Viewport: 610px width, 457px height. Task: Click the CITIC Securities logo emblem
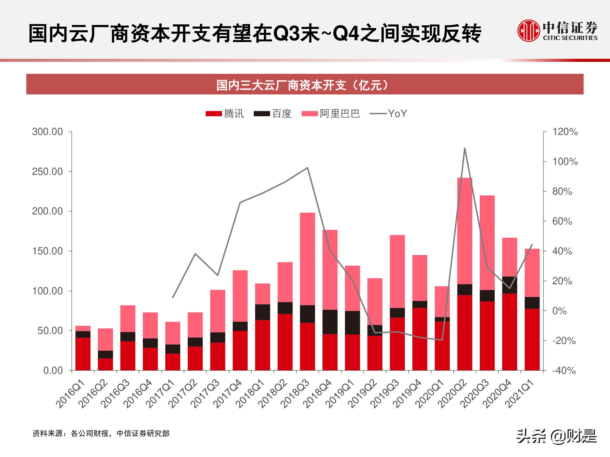[529, 30]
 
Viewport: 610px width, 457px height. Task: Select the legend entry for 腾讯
[225, 114]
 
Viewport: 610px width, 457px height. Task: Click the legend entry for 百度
[273, 114]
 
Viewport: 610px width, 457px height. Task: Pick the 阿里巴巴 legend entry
[331, 114]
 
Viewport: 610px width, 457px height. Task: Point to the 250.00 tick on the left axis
[47, 172]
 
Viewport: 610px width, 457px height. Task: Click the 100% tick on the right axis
[565, 161]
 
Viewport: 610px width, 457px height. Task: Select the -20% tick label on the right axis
[564, 341]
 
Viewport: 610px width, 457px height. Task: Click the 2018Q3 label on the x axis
[295, 394]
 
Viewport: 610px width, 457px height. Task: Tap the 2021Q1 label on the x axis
[520, 394]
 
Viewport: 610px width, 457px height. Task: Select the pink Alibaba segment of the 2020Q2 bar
[465, 232]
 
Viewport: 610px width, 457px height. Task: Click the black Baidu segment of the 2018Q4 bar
[330, 322]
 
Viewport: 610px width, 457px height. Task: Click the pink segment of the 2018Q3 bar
[307, 259]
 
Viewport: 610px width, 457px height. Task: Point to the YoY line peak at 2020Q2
[465, 148]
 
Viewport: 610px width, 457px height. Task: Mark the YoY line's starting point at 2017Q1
[173, 297]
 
